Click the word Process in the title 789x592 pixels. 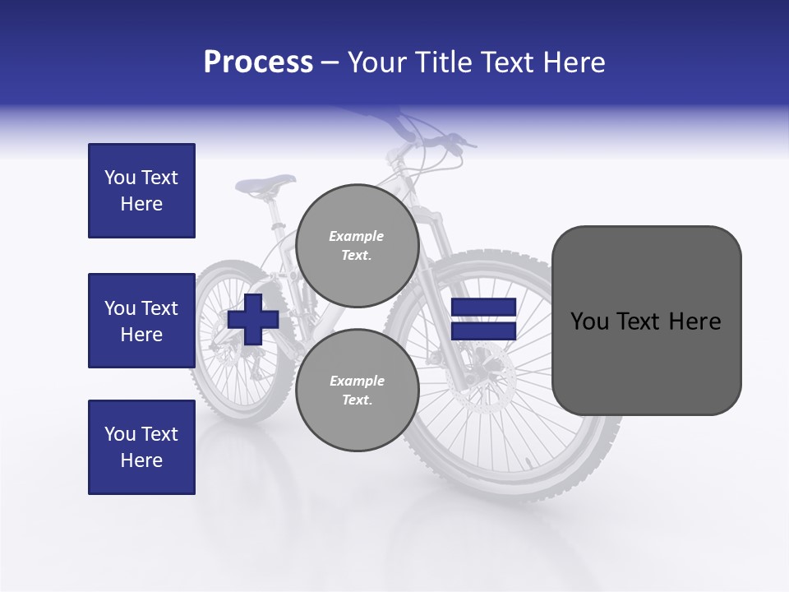[x=258, y=62]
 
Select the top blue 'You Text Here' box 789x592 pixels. [x=141, y=191]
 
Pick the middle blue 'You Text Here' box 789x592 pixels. [x=141, y=321]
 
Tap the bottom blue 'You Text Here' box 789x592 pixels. [x=141, y=447]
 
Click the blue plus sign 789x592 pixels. [x=253, y=319]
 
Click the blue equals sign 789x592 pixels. [x=483, y=319]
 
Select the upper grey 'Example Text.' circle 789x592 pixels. [x=357, y=245]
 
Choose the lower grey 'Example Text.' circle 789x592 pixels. [x=357, y=390]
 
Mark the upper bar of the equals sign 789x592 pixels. [x=483, y=307]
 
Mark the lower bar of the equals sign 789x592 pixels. [x=483, y=331]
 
